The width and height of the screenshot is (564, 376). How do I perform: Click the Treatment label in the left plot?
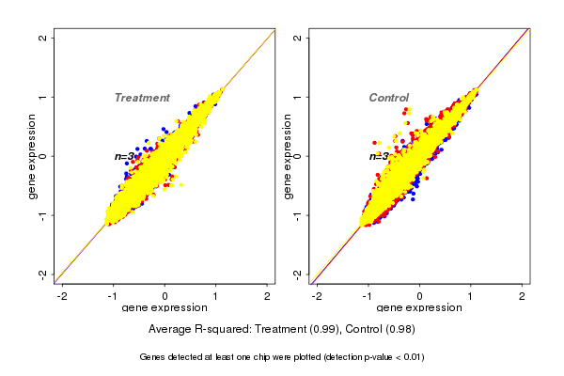tap(142, 98)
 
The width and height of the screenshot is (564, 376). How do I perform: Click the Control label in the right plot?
tap(388, 98)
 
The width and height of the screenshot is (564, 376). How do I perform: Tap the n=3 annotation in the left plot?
tap(125, 157)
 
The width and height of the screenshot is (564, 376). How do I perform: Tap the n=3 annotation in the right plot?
tap(379, 157)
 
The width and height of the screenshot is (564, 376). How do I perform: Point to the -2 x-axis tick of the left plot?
tap(63, 296)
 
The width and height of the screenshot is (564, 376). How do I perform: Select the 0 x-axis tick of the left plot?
tap(165, 296)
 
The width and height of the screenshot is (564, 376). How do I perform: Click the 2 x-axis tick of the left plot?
tap(268, 296)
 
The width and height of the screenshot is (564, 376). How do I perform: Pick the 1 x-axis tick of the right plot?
tap(471, 296)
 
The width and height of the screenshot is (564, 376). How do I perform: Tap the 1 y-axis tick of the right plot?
tap(298, 97)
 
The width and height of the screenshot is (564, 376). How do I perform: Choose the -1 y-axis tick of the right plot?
tap(298, 215)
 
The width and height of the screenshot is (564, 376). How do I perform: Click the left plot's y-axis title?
tap(33, 156)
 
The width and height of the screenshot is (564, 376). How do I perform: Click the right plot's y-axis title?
tap(288, 156)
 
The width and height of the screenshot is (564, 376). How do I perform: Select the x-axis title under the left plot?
tap(164, 308)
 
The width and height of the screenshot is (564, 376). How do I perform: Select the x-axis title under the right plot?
tap(419, 308)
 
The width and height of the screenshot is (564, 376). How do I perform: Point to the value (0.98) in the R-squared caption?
tap(399, 329)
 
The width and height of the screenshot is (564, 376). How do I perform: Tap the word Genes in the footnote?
tap(155, 357)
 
